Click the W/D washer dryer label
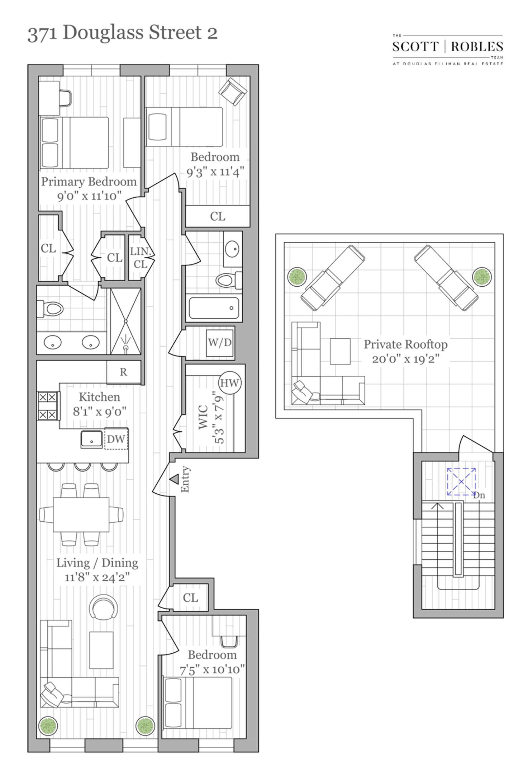coord(220,342)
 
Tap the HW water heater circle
coord(229,383)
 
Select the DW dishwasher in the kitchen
coord(116,439)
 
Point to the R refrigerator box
coord(123,372)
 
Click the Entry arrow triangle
coord(174,479)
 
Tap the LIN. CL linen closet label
coord(140,258)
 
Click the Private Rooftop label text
coord(405,344)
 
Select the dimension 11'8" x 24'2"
coord(97,577)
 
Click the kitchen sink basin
coord(91,439)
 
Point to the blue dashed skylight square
coord(461,482)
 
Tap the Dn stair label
coord(479,495)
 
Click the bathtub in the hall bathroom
coord(214,308)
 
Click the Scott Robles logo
coord(447,50)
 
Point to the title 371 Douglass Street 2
coord(122,33)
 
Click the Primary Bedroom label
coord(89,182)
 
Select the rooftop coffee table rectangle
coord(340,351)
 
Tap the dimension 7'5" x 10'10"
coord(212,670)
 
